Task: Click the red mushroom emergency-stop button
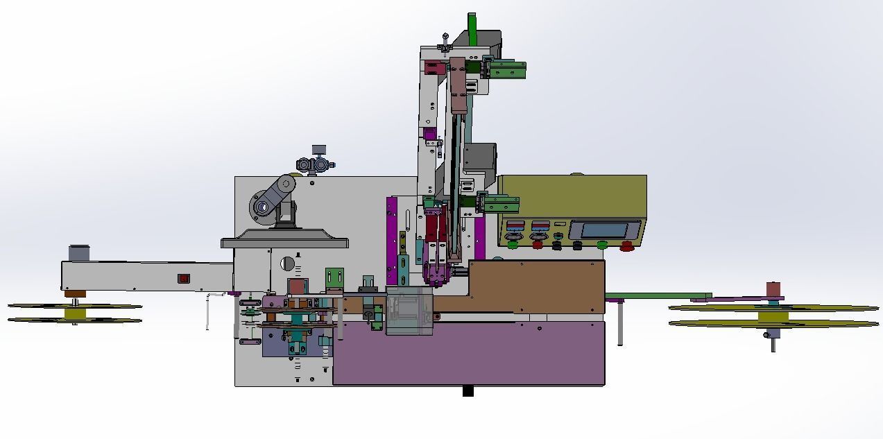(x=627, y=244)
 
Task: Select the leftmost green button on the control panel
(x=513, y=244)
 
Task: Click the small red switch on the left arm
(x=184, y=279)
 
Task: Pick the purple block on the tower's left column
(x=429, y=134)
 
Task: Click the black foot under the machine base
(x=468, y=391)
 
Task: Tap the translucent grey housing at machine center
(x=409, y=310)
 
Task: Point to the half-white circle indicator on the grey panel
(x=287, y=264)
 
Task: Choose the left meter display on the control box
(x=515, y=226)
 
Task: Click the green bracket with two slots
(x=334, y=277)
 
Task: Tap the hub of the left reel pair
(x=75, y=313)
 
